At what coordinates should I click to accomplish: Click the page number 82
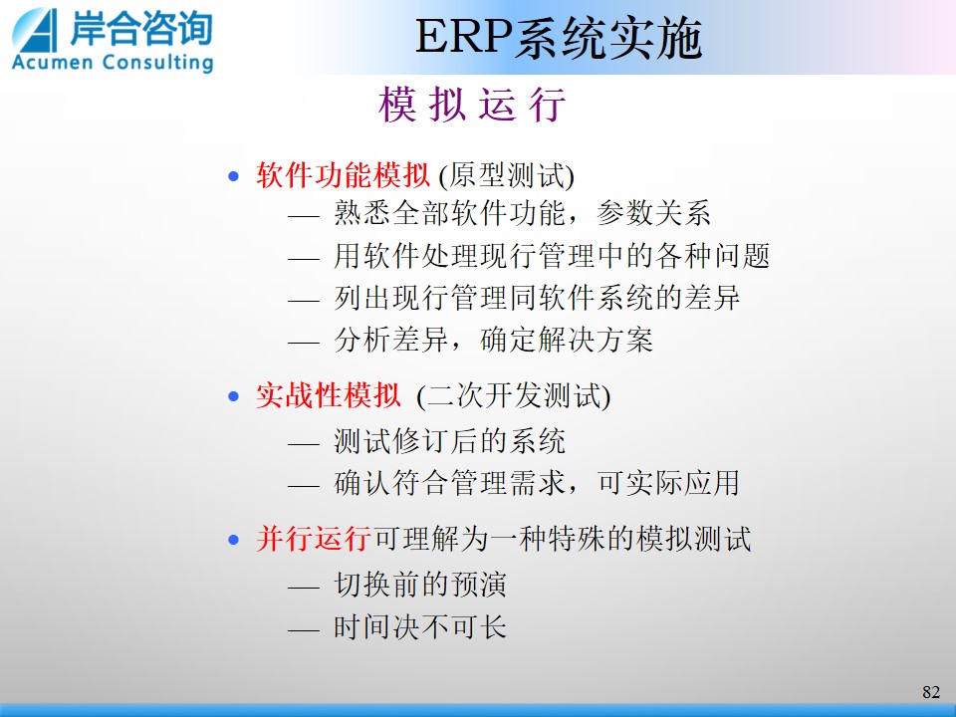[x=931, y=692]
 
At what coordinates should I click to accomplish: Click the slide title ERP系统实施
[x=559, y=38]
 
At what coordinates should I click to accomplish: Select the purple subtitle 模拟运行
[x=472, y=105]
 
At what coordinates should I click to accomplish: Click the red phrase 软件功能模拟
[x=343, y=175]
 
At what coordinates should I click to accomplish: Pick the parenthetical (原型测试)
[x=507, y=176]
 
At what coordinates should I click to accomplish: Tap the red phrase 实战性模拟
[x=328, y=395]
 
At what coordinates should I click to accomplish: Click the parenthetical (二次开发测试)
[x=514, y=396]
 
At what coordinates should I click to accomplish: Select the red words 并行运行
[x=314, y=539]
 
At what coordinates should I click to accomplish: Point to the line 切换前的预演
[x=420, y=585]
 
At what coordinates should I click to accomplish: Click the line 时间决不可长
[x=420, y=626]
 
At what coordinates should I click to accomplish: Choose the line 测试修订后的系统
[x=449, y=441]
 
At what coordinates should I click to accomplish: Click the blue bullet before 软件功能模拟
[x=233, y=177]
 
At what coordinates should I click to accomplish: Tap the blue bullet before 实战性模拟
[x=233, y=397]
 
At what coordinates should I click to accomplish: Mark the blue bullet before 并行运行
[x=233, y=540]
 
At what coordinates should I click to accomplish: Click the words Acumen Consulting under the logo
[x=113, y=63]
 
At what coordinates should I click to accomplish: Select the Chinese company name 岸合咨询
[x=141, y=28]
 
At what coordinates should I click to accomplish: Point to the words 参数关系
[x=653, y=213]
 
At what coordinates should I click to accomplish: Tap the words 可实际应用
[x=668, y=483]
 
